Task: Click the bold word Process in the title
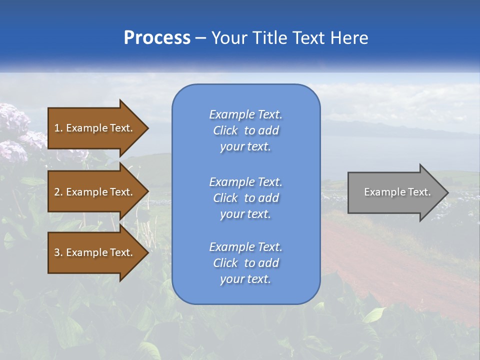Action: pyautogui.click(x=157, y=38)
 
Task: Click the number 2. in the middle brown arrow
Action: pyautogui.click(x=58, y=192)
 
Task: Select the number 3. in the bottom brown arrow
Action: pyautogui.click(x=58, y=252)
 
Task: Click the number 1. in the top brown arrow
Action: pyautogui.click(x=58, y=128)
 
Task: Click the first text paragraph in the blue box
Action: pyautogui.click(x=245, y=130)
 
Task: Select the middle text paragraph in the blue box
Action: pyautogui.click(x=245, y=198)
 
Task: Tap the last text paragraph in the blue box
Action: pyautogui.click(x=245, y=263)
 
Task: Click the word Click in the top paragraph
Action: pyautogui.click(x=225, y=130)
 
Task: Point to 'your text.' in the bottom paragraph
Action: pyautogui.click(x=245, y=279)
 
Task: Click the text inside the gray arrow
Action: pyautogui.click(x=397, y=192)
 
